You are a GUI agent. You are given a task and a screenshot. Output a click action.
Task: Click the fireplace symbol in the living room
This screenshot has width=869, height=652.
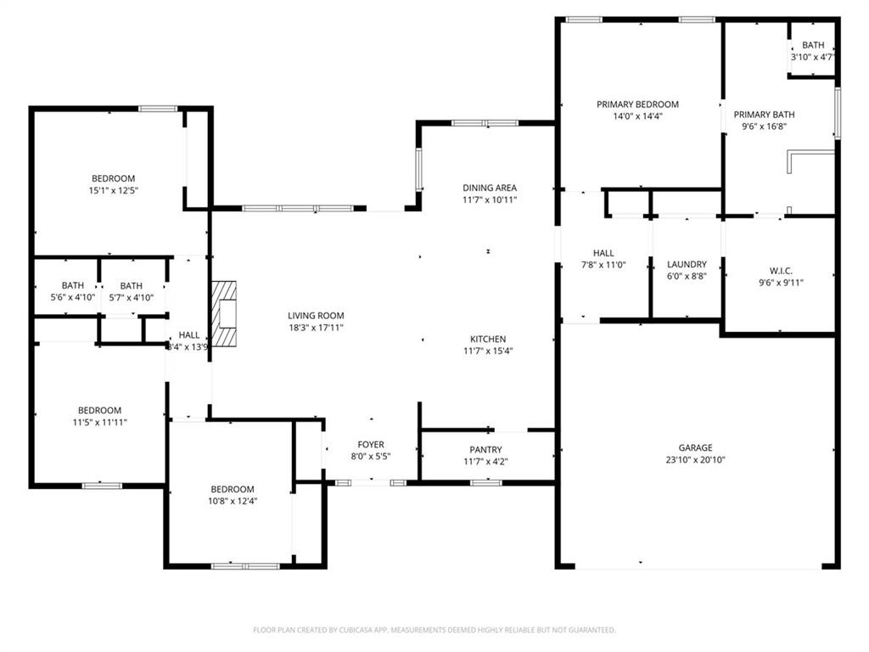[x=224, y=314]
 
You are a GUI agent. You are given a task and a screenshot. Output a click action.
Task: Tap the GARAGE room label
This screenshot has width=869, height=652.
[x=695, y=447]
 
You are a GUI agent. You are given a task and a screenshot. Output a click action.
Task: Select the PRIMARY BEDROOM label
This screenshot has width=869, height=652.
[x=637, y=104]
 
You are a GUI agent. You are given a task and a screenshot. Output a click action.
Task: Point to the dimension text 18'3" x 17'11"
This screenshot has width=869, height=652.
[x=315, y=327]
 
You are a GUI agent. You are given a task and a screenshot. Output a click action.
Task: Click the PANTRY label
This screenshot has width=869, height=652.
[x=485, y=450]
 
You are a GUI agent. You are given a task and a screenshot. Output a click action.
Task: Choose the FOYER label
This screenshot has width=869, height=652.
[x=370, y=445]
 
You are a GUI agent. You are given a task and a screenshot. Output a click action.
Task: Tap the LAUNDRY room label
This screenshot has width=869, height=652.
[x=687, y=264]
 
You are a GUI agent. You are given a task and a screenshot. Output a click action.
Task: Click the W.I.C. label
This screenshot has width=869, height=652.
[x=780, y=271]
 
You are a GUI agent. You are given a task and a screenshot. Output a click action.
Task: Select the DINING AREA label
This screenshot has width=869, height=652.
[x=489, y=188]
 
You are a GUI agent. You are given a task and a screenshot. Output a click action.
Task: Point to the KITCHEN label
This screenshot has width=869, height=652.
[x=488, y=339]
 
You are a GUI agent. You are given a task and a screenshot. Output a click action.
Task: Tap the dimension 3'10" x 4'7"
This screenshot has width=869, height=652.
[x=812, y=57]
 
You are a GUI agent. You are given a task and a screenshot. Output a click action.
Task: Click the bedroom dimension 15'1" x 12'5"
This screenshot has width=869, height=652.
[x=113, y=191]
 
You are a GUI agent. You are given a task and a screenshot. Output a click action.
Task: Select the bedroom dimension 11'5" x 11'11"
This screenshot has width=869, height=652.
[x=99, y=422]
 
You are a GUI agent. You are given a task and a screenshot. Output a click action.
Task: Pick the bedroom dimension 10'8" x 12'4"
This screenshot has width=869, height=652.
[x=233, y=501]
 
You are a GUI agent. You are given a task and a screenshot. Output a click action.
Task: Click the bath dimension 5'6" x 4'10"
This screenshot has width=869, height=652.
[x=72, y=297]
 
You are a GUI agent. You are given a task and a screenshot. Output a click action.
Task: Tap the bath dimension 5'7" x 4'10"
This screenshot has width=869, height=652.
[x=131, y=297]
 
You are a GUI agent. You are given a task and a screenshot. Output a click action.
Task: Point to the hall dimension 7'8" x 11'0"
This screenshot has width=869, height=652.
[x=603, y=265]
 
